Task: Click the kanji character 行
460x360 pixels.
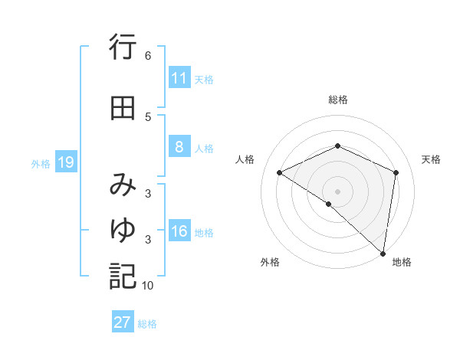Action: (123, 49)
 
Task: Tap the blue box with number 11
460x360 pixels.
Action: (179, 78)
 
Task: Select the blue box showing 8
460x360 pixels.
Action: (179, 148)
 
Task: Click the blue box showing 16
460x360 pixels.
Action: (179, 232)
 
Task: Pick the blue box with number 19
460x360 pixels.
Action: (65, 162)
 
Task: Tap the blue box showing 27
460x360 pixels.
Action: (123, 322)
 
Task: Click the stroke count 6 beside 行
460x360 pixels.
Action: (148, 56)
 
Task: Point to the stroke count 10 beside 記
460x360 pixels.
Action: (148, 286)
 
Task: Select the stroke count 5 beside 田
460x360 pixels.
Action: (148, 116)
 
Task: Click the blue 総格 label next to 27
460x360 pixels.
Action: (148, 324)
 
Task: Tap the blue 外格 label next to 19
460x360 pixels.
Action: (41, 163)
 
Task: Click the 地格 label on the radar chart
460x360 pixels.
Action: (402, 263)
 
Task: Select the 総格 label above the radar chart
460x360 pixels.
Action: (337, 100)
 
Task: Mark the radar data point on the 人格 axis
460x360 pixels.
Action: (280, 172)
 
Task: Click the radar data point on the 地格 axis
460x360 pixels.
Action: (383, 254)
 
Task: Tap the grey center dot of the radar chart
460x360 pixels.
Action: (337, 191)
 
